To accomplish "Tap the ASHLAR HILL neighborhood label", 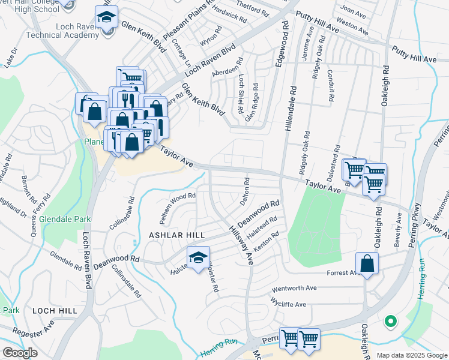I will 176,235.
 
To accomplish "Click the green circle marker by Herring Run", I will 390,322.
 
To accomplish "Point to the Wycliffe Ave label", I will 288,304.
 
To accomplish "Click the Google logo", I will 20,353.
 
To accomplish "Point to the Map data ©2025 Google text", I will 411,355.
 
